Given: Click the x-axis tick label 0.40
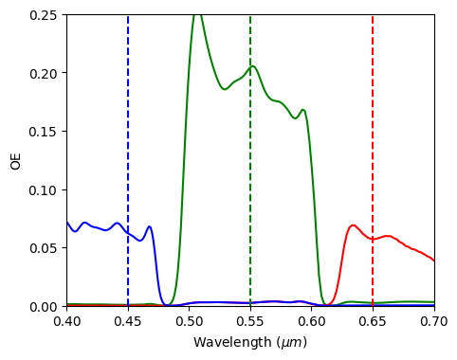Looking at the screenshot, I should [66, 322].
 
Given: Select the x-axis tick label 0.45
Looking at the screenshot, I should [128, 322].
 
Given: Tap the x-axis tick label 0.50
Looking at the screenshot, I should [189, 322].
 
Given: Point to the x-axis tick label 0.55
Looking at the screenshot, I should [250, 322].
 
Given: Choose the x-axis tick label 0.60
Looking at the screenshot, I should [312, 322].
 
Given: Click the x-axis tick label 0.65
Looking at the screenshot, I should [373, 322].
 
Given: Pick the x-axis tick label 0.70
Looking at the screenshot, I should [434, 322].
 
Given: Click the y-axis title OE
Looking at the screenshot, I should [15, 161].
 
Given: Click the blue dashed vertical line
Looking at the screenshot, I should [128, 142].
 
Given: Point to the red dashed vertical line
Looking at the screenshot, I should [373, 142].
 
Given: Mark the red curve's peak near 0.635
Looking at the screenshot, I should [353, 225].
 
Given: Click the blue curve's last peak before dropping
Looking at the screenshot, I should [149, 226].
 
